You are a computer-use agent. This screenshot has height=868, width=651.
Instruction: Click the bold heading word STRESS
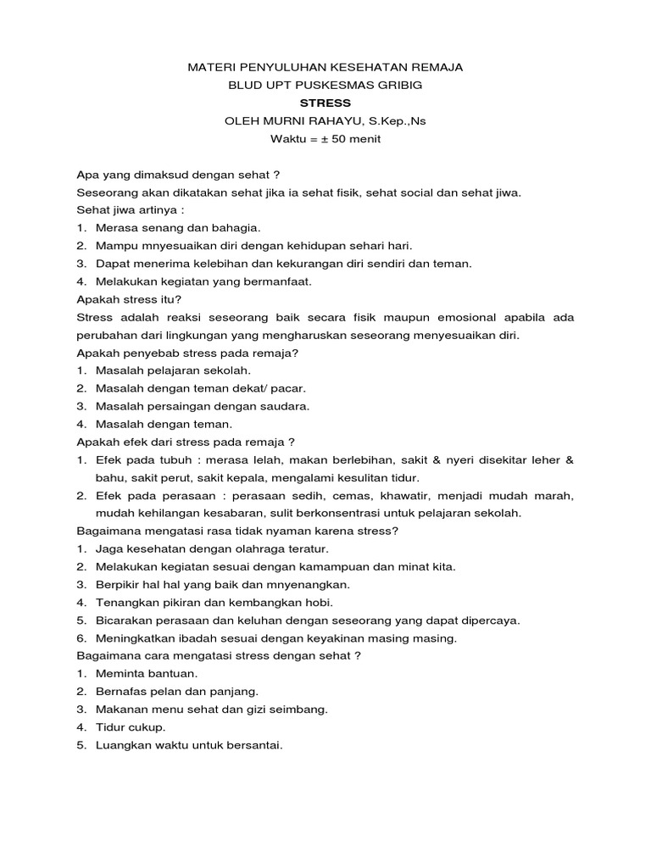pyautogui.click(x=325, y=103)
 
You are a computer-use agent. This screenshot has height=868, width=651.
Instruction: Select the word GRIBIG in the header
pyautogui.click(x=398, y=85)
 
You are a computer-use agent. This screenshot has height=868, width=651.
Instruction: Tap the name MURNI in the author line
pyautogui.click(x=286, y=121)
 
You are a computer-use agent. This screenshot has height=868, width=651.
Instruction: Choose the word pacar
pyautogui.click(x=287, y=388)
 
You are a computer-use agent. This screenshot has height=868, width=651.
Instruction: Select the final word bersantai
pyautogui.click(x=252, y=745)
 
